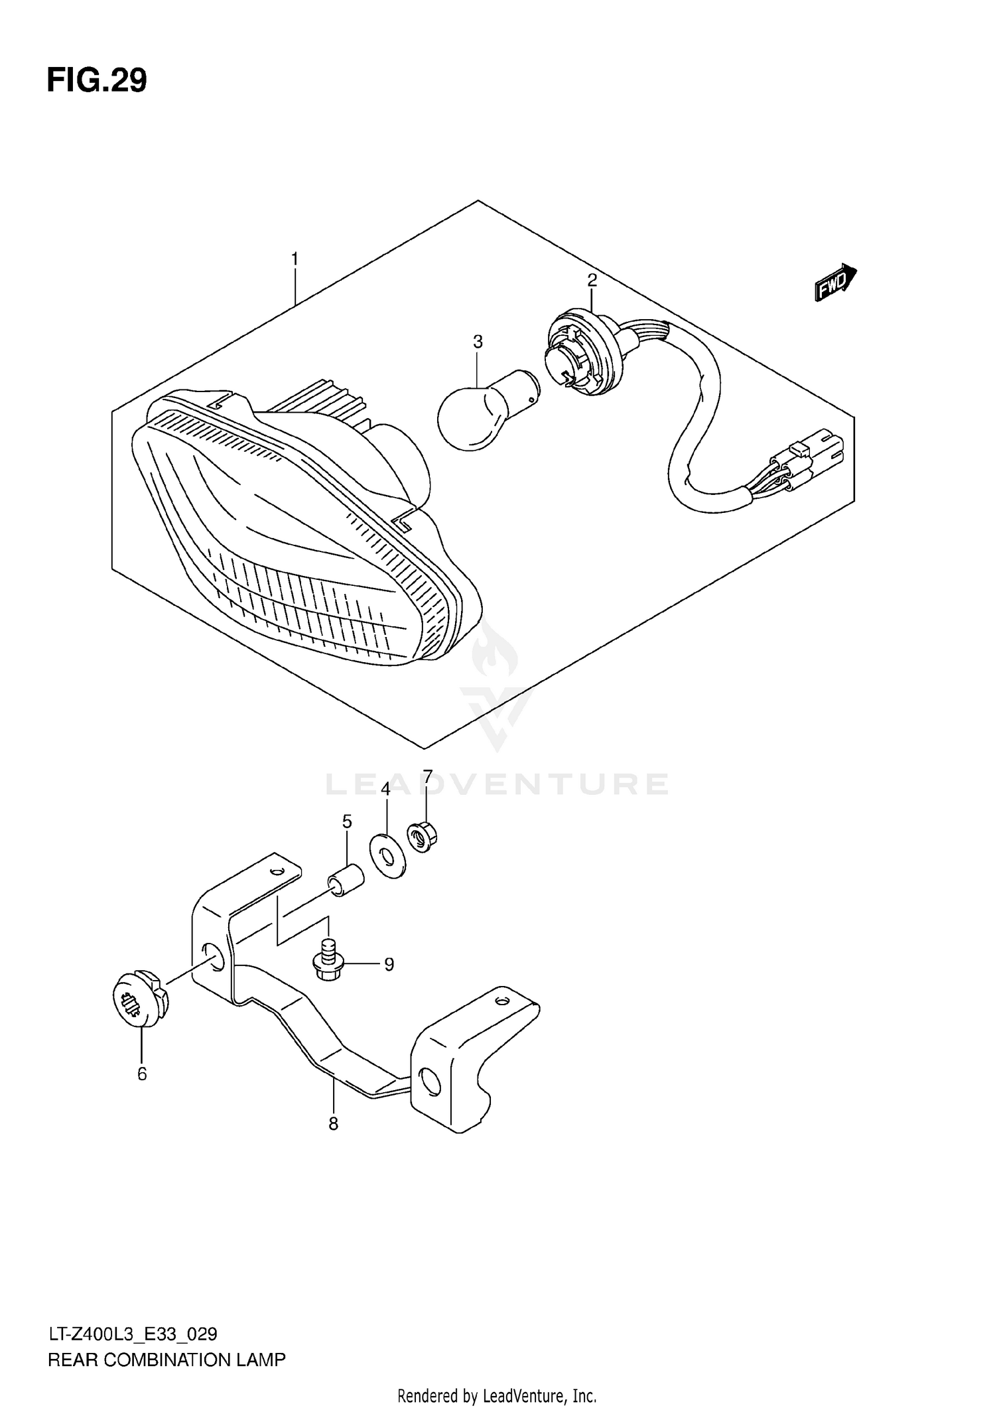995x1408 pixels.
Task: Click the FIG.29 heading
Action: (97, 81)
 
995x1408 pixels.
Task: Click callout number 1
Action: (295, 259)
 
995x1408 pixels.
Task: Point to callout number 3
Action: (478, 342)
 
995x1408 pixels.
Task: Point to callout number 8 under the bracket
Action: (333, 1123)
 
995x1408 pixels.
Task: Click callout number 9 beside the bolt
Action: (389, 964)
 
